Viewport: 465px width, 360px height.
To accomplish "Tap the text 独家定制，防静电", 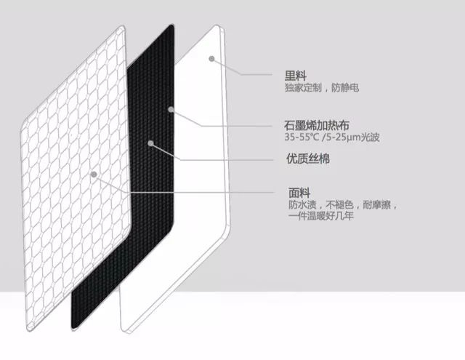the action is click(x=323, y=88).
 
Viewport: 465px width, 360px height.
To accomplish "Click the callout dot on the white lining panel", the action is click(x=211, y=58).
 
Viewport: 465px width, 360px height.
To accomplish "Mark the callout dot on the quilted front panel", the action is click(x=94, y=175).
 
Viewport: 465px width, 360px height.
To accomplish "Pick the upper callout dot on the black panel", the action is click(x=171, y=110).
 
